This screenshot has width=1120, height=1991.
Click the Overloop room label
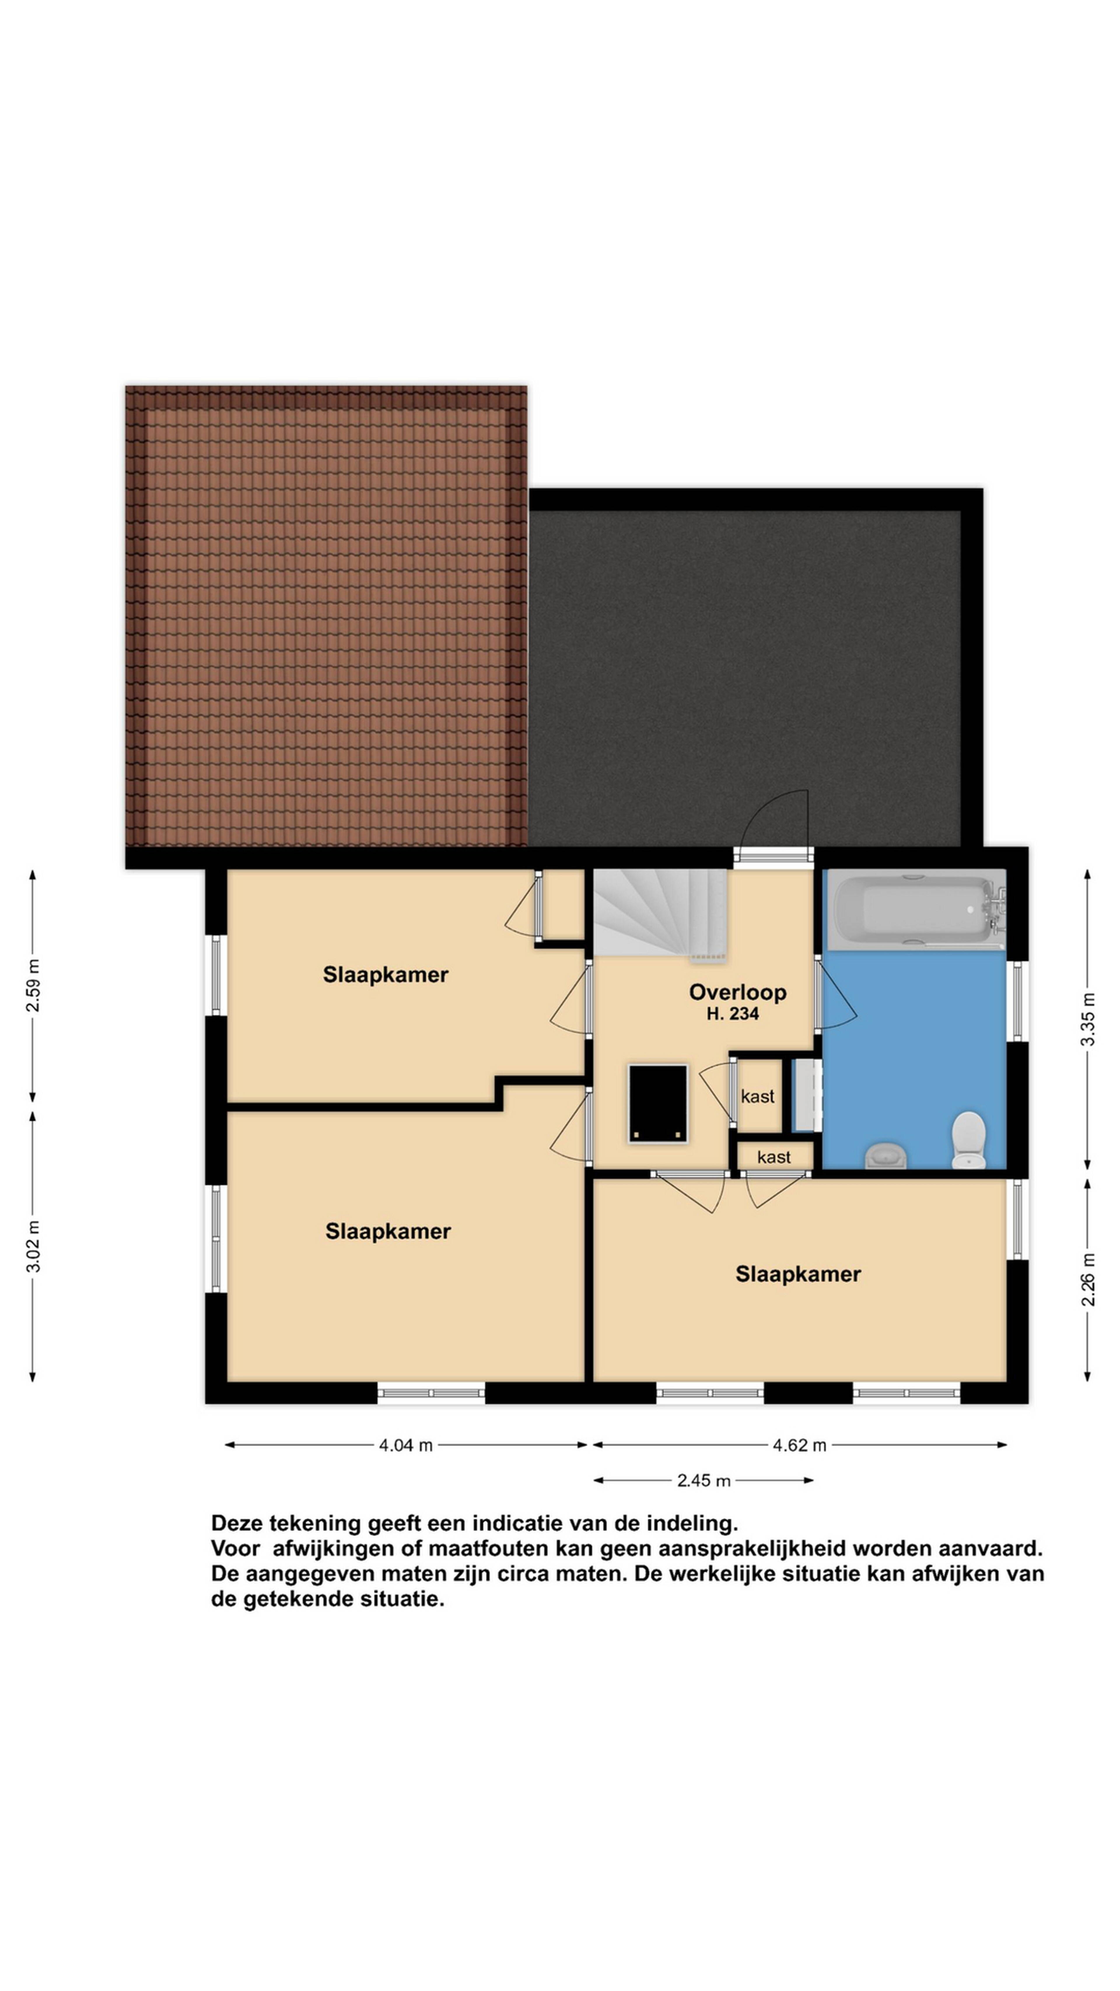click(737, 992)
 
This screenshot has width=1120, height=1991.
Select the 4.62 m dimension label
click(799, 1445)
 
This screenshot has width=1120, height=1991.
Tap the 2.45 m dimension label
click(703, 1480)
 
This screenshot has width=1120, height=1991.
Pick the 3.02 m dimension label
click(32, 1246)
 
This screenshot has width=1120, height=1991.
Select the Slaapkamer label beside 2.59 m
click(385, 974)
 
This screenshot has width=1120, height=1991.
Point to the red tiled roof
click(326, 616)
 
